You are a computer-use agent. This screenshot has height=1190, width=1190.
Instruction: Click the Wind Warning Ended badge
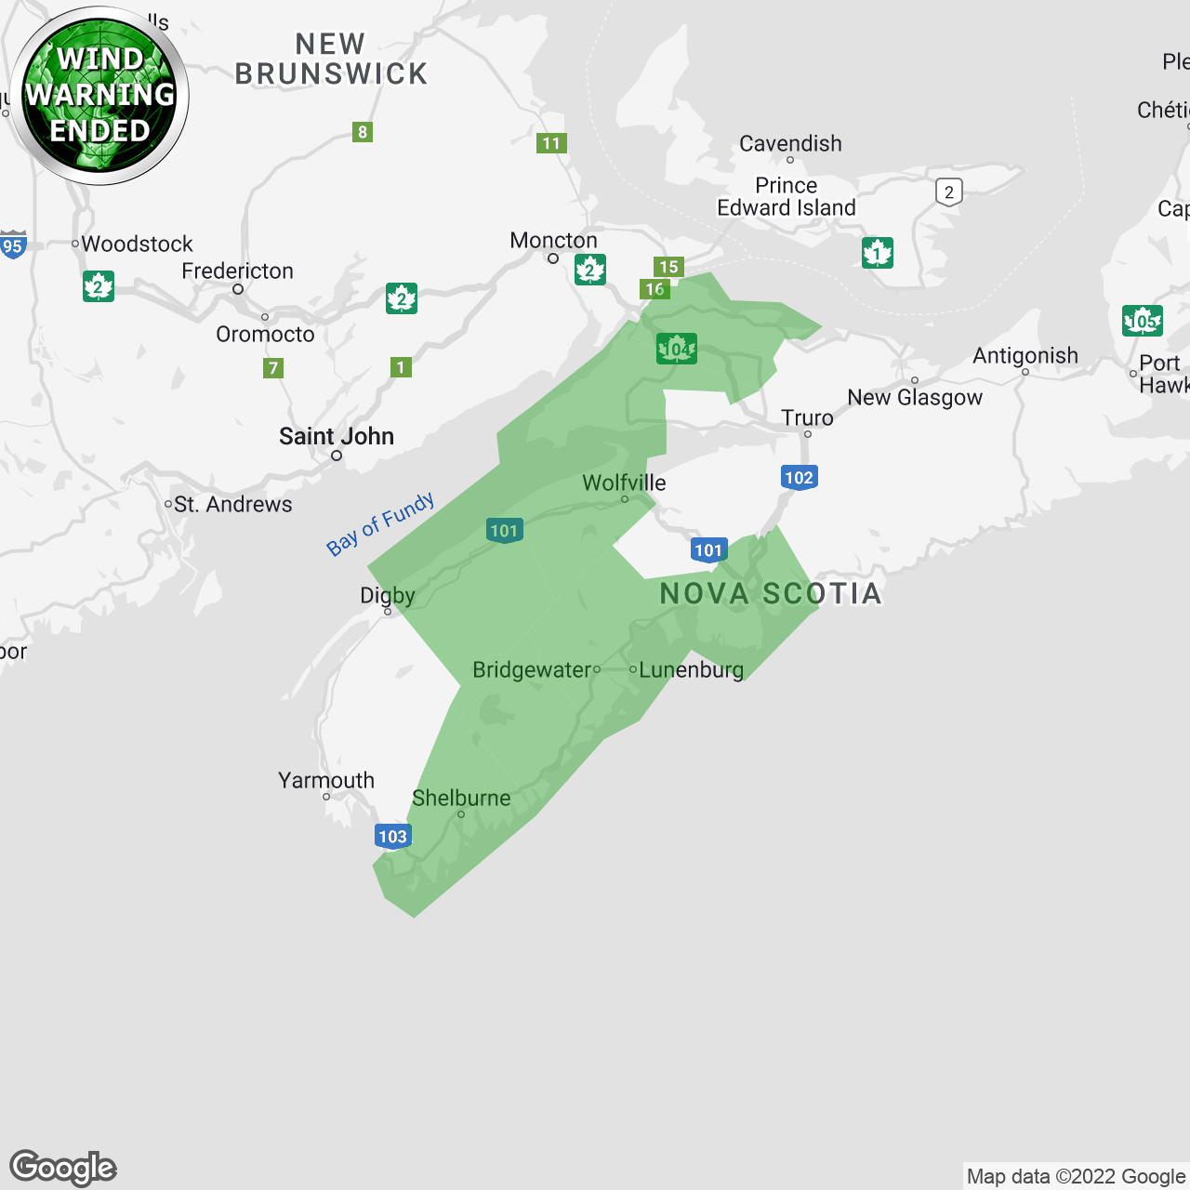point(99,95)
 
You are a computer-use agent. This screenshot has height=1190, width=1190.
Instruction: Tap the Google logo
point(63,1167)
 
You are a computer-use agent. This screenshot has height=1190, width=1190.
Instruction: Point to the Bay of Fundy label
point(380,524)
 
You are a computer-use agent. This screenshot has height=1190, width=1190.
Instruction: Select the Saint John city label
point(337,436)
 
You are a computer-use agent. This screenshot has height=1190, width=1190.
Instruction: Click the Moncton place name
point(553,240)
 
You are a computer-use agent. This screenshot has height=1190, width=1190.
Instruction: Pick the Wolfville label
point(624,483)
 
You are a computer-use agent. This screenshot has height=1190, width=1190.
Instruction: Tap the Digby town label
point(388,595)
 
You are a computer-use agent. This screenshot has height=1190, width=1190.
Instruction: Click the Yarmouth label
point(326,780)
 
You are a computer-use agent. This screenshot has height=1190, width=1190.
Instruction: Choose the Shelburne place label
point(461,798)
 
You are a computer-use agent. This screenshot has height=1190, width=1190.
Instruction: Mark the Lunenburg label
point(691,669)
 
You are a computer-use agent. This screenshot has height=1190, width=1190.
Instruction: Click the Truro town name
point(807,417)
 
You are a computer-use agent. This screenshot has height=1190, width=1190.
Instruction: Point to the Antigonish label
point(1025,355)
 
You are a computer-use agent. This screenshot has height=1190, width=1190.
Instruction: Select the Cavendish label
point(790,143)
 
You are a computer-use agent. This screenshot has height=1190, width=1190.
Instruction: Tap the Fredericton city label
point(237,271)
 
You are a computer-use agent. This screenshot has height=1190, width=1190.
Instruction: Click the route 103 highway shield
point(392,836)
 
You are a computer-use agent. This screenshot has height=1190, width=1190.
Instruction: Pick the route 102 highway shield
point(799,478)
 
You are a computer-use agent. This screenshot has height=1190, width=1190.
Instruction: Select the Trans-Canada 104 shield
point(676,349)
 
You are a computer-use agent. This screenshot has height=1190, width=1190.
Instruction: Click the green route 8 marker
point(363,132)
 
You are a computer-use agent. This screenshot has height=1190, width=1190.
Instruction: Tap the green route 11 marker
point(551,143)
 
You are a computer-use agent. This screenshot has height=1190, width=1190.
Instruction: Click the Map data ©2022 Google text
point(1076,1176)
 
